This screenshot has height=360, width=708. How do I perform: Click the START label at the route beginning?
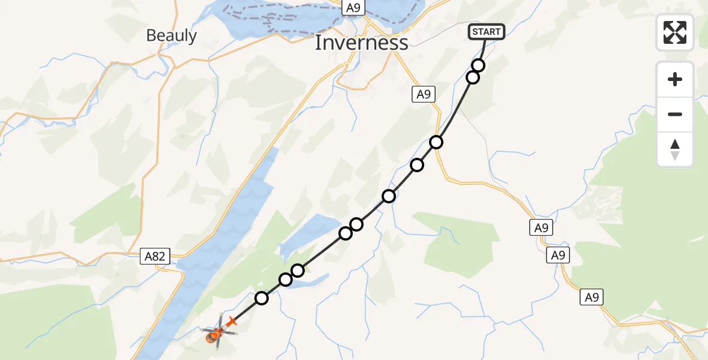pos(486,32)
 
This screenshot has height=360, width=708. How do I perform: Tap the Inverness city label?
pos(361,43)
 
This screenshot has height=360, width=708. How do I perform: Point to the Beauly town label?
pos(172,35)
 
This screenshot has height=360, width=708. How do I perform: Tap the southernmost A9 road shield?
pos(592,297)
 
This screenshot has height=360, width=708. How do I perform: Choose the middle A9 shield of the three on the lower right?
pos(558,256)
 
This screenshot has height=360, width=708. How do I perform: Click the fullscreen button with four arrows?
pos(675,32)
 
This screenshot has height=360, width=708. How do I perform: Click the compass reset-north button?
pos(675,149)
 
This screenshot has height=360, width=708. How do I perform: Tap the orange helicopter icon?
pos(214,334)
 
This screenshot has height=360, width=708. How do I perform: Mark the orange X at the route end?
pos(232,322)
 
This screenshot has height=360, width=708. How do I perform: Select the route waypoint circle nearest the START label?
pos(478,65)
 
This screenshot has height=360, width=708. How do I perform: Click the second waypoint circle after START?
pos(473,77)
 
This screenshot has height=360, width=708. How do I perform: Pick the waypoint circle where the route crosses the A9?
pos(436,142)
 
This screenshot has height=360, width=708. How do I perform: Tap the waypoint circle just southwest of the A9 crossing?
pos(417,165)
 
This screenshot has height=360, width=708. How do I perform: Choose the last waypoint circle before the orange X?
pos(262,298)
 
